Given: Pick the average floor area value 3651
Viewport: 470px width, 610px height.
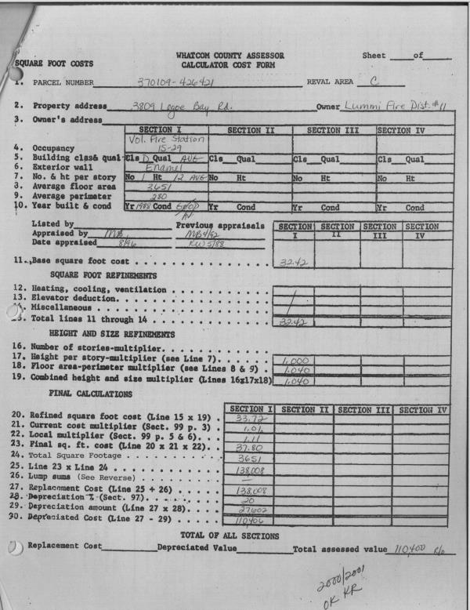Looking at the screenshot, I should tap(160, 188).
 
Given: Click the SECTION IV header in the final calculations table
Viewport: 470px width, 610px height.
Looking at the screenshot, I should tap(422, 409).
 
